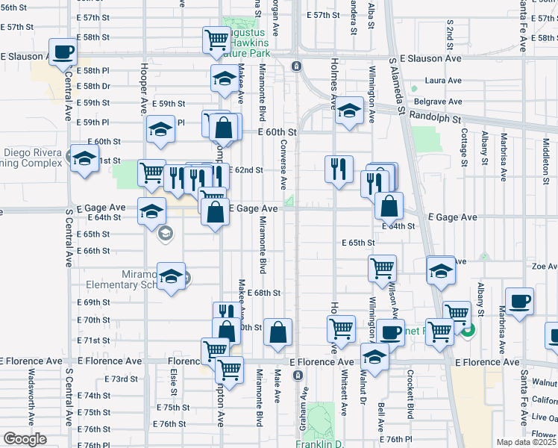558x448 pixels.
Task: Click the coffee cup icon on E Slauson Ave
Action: click(x=63, y=52)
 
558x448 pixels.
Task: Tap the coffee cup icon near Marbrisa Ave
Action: click(x=519, y=302)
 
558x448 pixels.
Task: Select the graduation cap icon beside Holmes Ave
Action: click(x=348, y=111)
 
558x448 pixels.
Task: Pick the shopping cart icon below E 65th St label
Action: click(x=382, y=267)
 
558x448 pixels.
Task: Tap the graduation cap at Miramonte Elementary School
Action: click(x=171, y=276)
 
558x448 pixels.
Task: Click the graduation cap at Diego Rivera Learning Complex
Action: click(x=85, y=158)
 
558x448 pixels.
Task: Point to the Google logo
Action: click(x=24, y=439)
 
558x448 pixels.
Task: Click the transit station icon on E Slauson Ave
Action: click(x=296, y=66)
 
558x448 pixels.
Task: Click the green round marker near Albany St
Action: click(x=467, y=331)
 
